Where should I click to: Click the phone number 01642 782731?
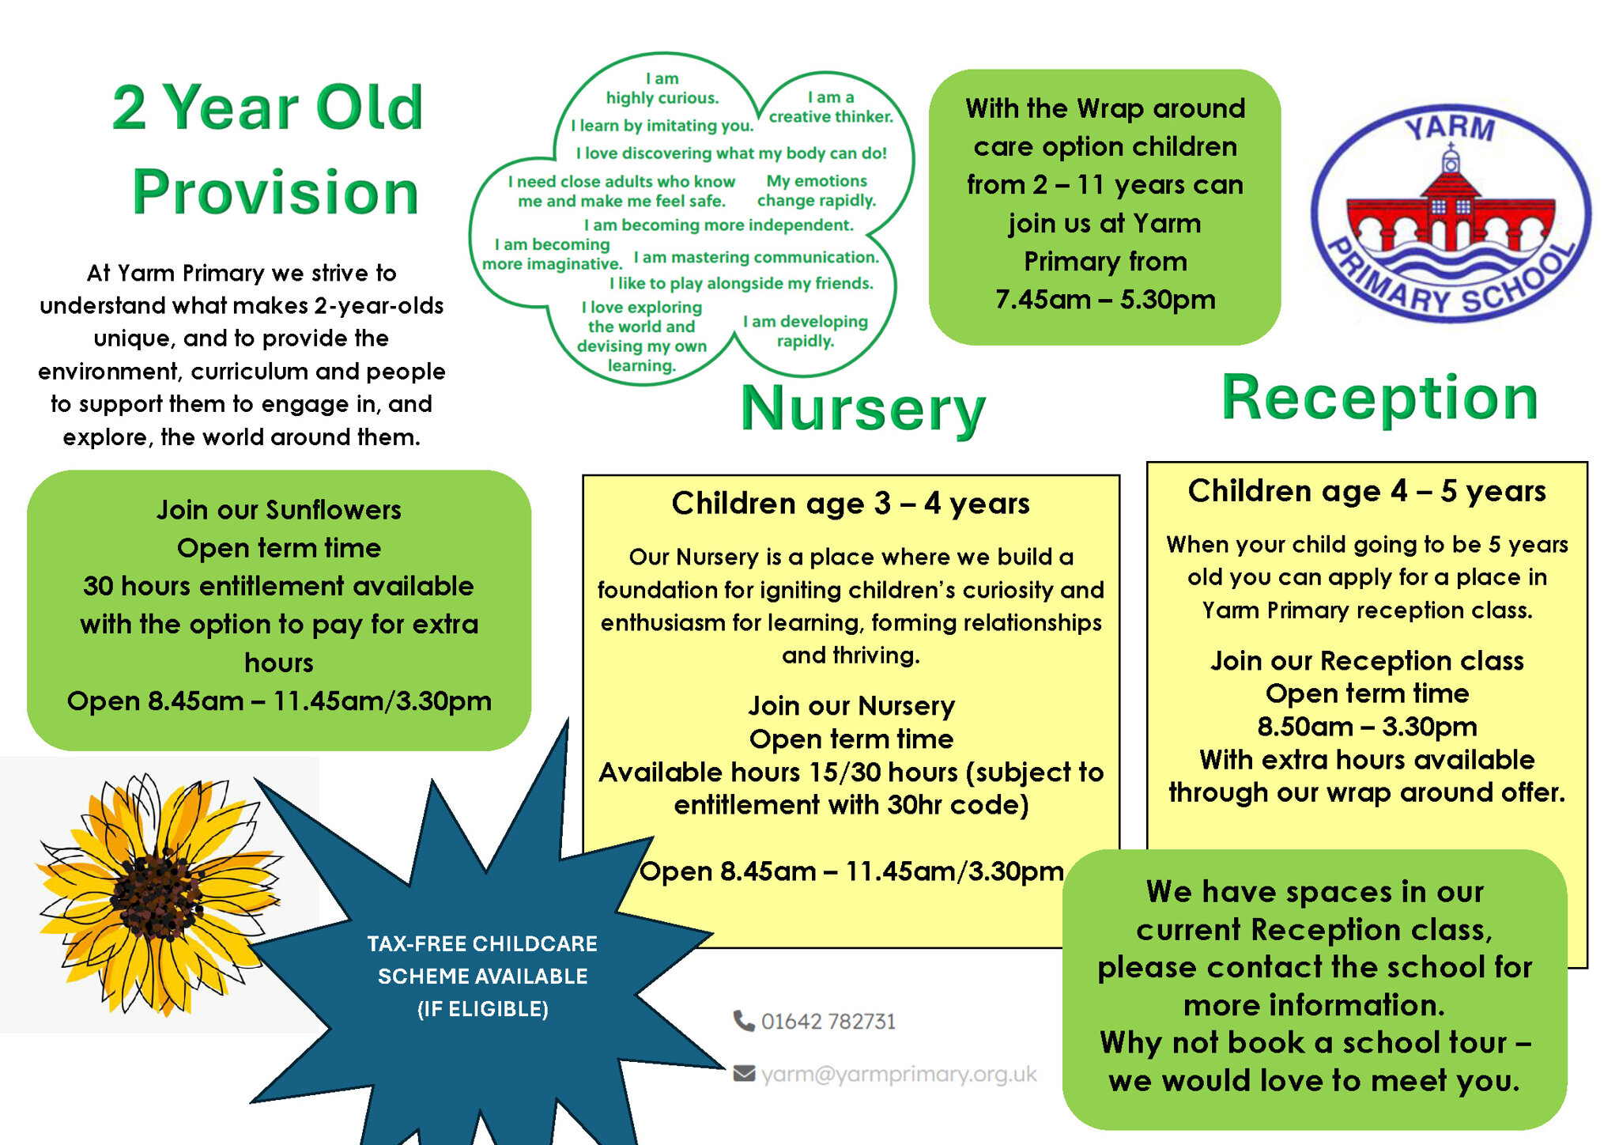828,1022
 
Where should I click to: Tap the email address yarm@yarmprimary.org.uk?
899,1074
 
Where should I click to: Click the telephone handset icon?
743,1021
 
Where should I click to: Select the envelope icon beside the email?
744,1073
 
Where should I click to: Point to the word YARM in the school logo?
1450,127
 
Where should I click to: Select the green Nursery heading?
863,409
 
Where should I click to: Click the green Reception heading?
1379,398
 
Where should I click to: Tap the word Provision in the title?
275,192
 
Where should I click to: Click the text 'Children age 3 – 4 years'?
851,503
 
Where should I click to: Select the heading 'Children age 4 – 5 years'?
1367,491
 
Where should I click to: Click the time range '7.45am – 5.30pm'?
1105,300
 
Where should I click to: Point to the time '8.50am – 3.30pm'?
1367,727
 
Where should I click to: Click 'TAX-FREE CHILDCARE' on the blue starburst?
482,943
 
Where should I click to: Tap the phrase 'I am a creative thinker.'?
831,107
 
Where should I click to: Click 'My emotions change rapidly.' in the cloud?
817,191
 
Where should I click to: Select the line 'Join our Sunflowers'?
279,510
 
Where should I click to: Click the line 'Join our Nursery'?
851,705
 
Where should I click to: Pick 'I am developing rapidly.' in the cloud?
806,331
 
